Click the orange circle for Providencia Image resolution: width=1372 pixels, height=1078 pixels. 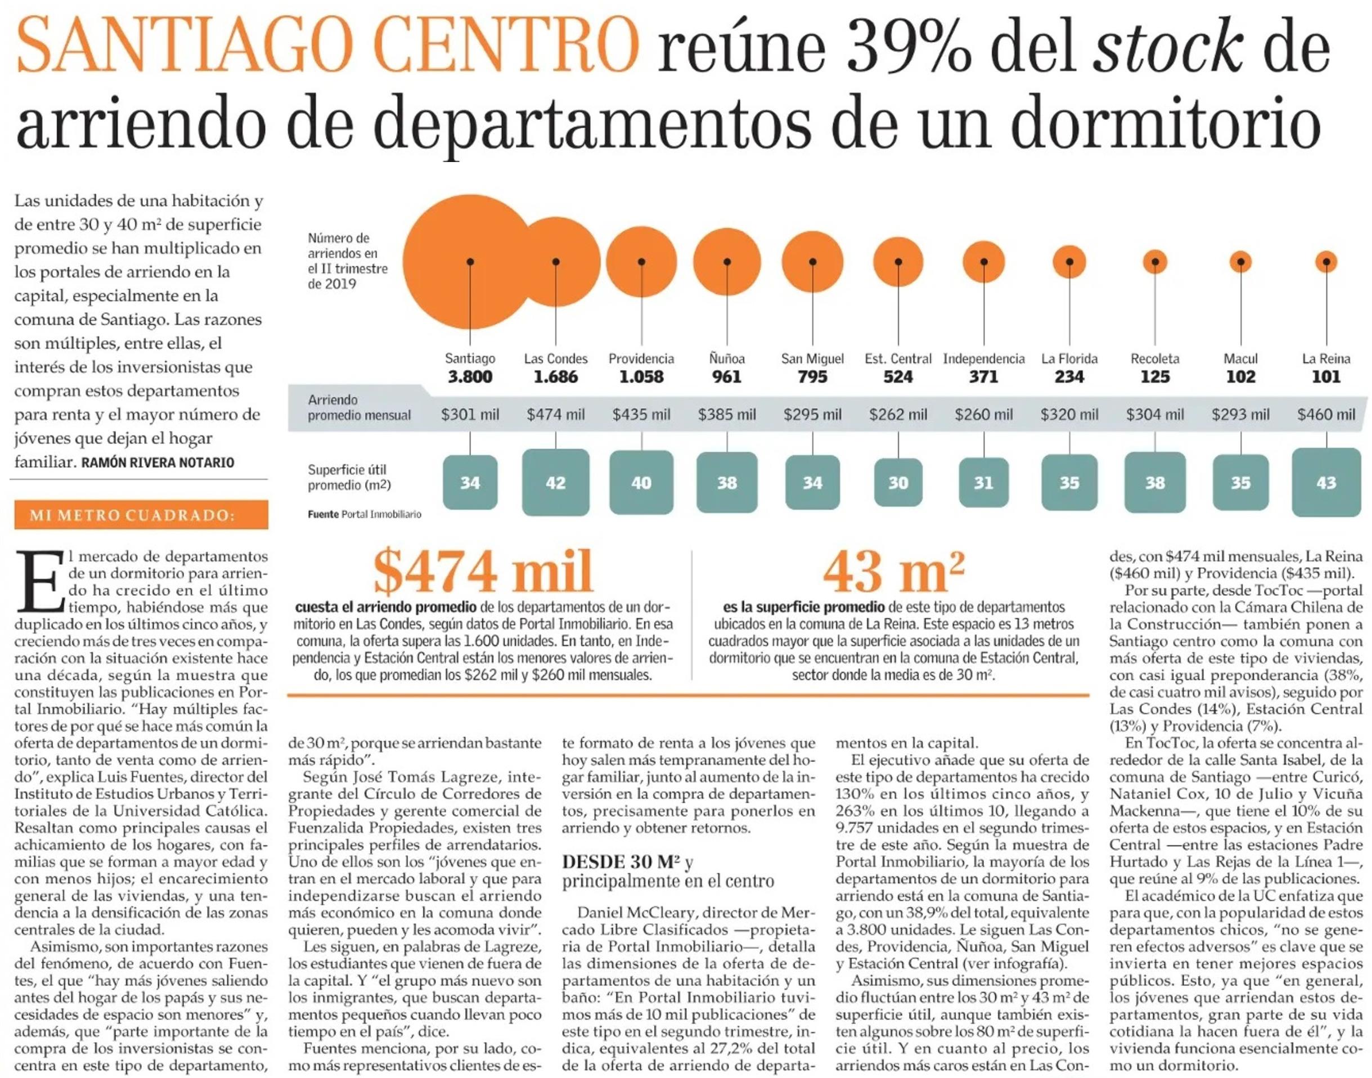click(641, 261)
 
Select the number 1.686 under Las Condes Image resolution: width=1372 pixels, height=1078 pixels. click(555, 377)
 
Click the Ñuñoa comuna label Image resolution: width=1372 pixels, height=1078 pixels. click(726, 358)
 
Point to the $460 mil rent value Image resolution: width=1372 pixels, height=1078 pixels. click(1326, 415)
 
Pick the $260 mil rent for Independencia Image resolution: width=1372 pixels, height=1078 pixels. click(983, 415)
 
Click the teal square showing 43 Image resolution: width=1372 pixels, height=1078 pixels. click(1326, 483)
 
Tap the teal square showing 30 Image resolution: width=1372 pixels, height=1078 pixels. click(898, 483)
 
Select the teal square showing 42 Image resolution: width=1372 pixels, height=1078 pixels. click(555, 483)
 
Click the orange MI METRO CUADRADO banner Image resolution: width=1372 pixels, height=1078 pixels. click(141, 515)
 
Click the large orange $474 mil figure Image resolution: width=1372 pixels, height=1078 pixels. click(483, 571)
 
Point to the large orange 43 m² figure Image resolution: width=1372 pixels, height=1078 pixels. click(894, 571)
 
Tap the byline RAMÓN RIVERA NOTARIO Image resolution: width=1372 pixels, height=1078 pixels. click(158, 462)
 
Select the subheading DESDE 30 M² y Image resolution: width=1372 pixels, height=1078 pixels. click(627, 861)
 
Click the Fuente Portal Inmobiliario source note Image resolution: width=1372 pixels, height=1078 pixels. click(364, 514)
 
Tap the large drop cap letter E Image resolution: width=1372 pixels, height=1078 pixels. click(40, 581)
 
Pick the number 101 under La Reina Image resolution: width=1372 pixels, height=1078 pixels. click(1326, 377)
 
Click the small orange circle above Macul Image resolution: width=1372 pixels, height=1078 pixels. click(1241, 261)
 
